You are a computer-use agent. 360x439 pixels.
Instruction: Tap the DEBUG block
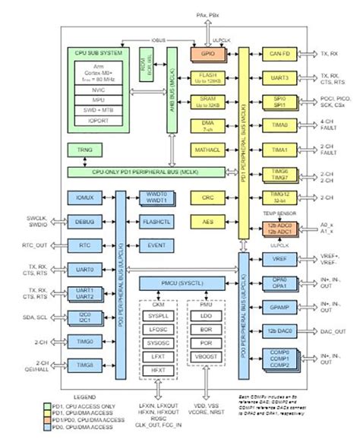[84, 222]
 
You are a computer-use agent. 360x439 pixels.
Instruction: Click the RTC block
[84, 246]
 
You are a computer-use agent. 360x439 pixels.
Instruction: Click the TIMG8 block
[84, 367]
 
